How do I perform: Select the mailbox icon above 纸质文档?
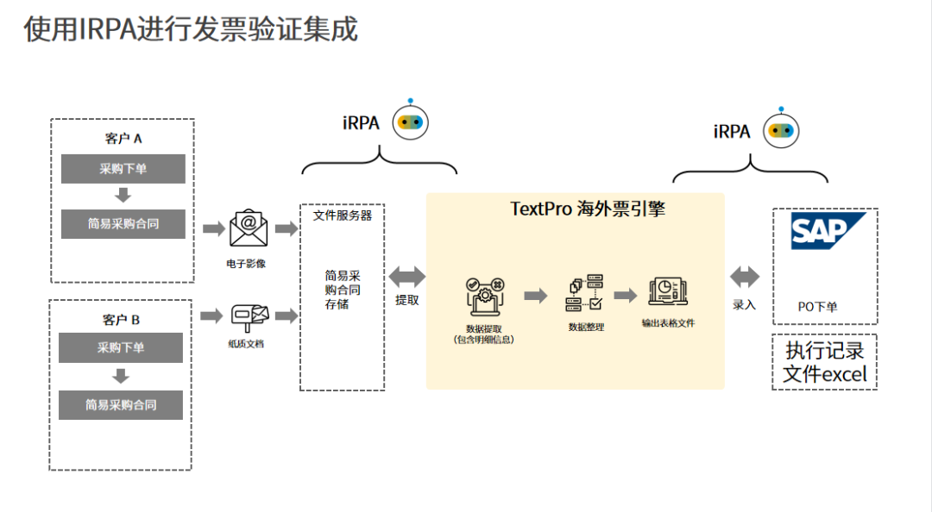(249, 316)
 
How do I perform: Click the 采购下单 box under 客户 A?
(123, 169)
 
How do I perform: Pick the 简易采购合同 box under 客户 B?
(121, 405)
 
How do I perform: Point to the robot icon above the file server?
(411, 122)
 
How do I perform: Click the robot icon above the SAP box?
(782, 130)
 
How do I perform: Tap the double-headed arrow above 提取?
(407, 277)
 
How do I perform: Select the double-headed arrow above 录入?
(745, 277)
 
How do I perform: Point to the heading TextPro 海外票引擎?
(576, 209)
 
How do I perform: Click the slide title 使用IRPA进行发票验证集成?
(191, 29)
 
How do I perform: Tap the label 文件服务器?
(343, 215)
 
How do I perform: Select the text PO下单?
(817, 307)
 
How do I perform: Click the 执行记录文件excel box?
(824, 363)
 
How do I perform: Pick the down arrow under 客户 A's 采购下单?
(123, 195)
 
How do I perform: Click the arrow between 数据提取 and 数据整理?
(536, 296)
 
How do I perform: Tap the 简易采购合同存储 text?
(343, 290)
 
